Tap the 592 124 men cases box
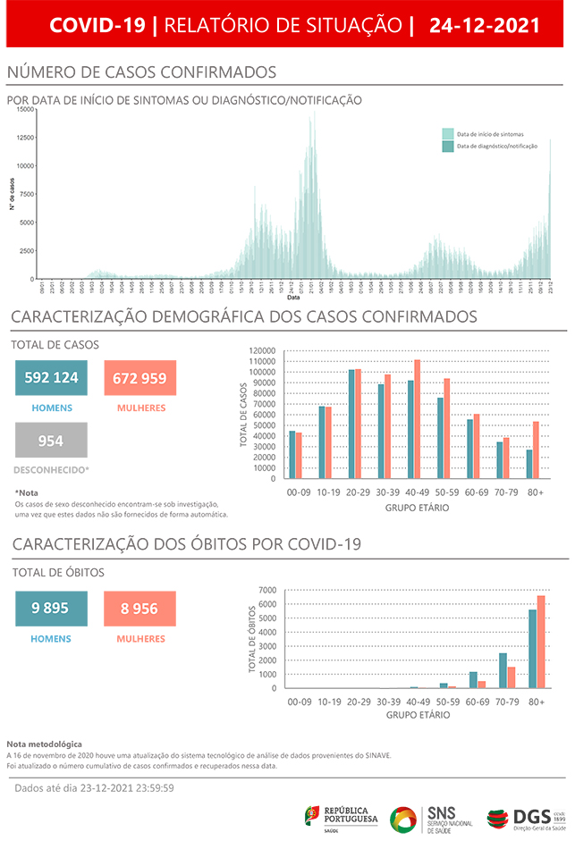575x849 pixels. [51, 378]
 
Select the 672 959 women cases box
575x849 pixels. [140, 378]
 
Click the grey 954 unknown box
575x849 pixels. [51, 441]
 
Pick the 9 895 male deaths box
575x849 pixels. [51, 608]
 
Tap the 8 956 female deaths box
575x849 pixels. [140, 608]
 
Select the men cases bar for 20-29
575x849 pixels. [352, 424]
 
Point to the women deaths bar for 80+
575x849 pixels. [541, 642]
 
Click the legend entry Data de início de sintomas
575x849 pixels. [489, 133]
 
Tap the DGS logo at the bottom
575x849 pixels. [528, 818]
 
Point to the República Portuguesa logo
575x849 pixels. [342, 818]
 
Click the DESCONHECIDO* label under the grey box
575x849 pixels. [51, 469]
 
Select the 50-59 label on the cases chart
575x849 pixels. [450, 492]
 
